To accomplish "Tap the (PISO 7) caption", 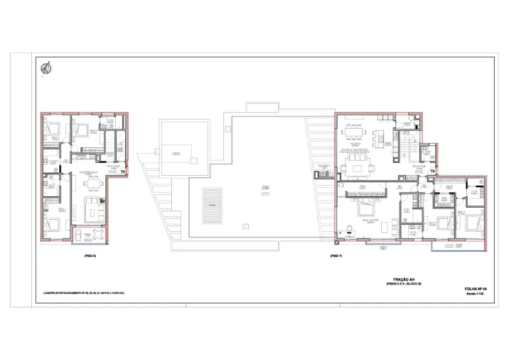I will (x=336, y=255).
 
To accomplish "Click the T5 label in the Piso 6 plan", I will (x=122, y=171).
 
